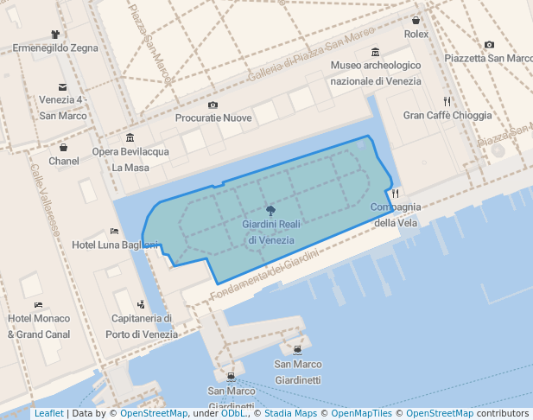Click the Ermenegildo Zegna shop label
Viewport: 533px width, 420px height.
54,48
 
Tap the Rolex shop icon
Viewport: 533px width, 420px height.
416,20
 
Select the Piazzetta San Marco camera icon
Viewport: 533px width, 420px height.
489,44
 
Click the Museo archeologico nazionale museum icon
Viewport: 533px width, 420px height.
375,52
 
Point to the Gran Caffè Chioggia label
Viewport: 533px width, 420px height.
447,115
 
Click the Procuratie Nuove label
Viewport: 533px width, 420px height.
213,118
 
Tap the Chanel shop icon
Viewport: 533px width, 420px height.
64,147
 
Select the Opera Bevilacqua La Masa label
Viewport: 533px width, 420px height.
130,160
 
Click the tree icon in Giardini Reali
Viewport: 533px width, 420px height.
270,210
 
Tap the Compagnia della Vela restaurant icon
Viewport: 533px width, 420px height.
396,193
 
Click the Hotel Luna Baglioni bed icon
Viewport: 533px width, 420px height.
115,231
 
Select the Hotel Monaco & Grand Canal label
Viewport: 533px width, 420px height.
39,326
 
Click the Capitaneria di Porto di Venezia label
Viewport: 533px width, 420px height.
142,326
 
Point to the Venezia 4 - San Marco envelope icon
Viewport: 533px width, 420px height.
62,86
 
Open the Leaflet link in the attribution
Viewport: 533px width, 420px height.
48,414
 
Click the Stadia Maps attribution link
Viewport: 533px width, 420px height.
290,414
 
